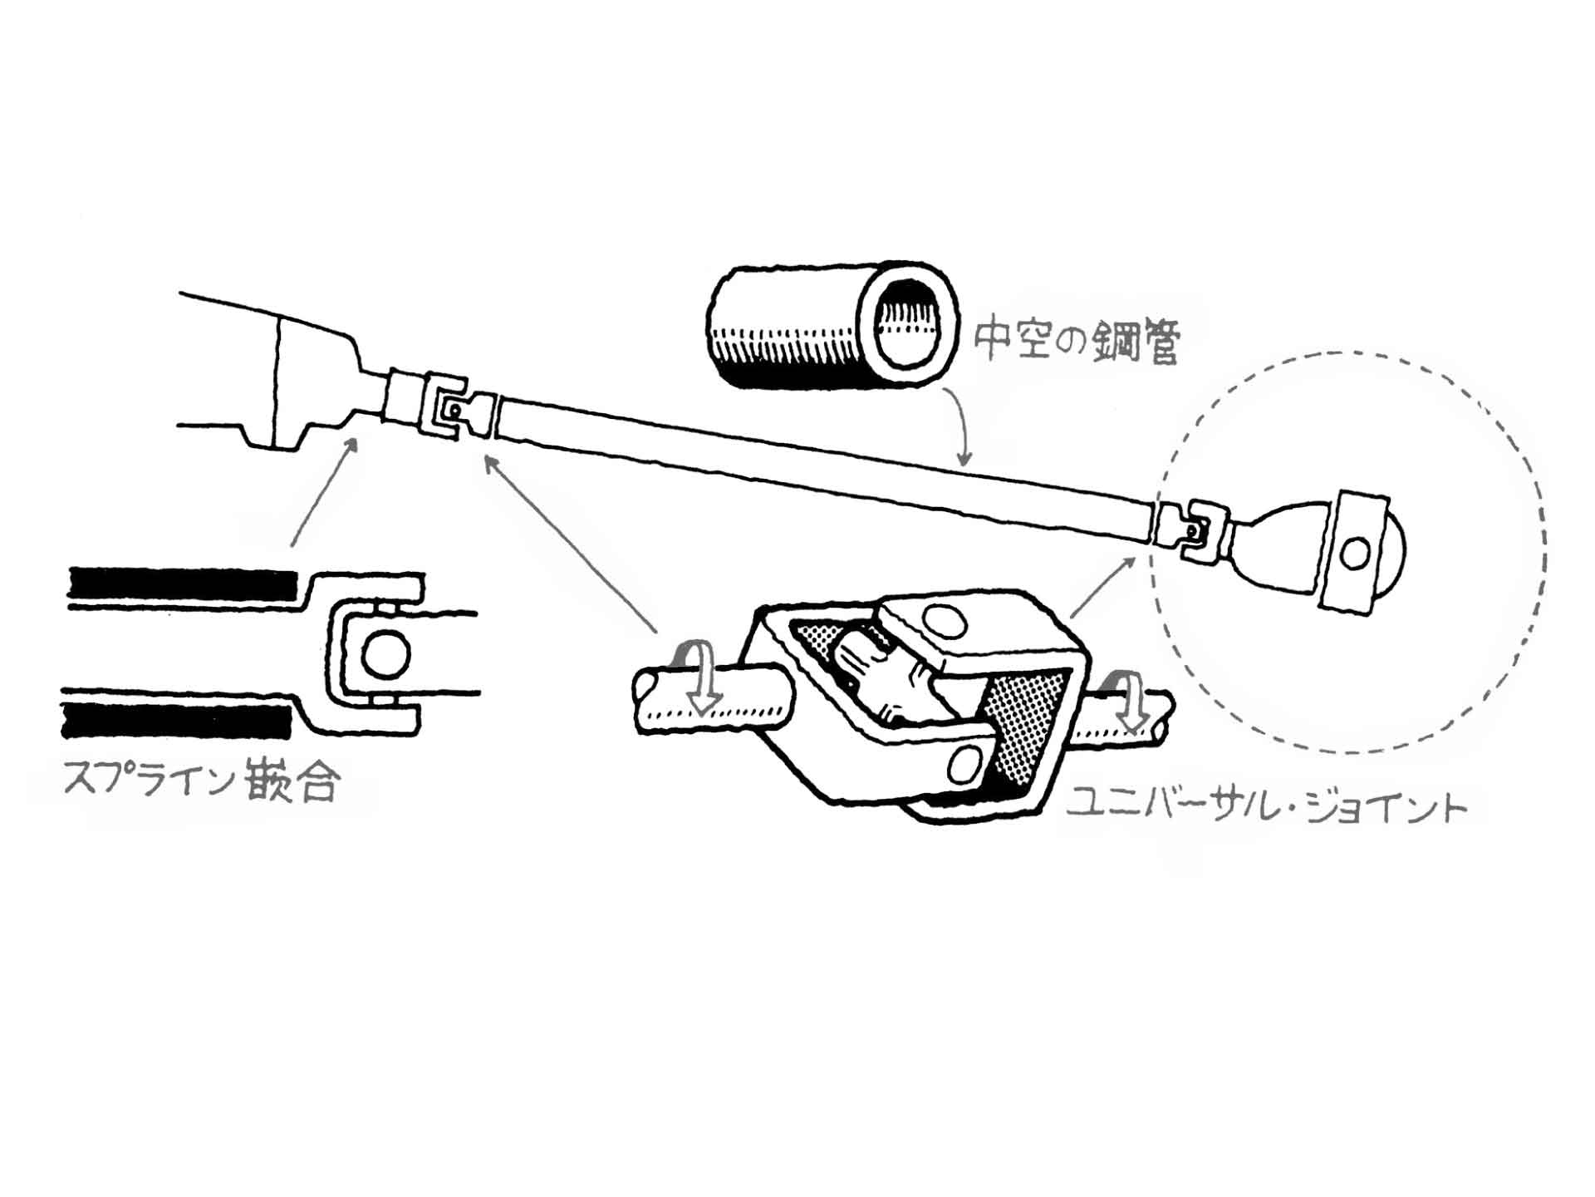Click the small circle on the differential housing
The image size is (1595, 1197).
point(1355,552)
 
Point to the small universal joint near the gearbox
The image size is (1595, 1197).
point(449,409)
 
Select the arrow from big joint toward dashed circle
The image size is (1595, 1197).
point(1103,587)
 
